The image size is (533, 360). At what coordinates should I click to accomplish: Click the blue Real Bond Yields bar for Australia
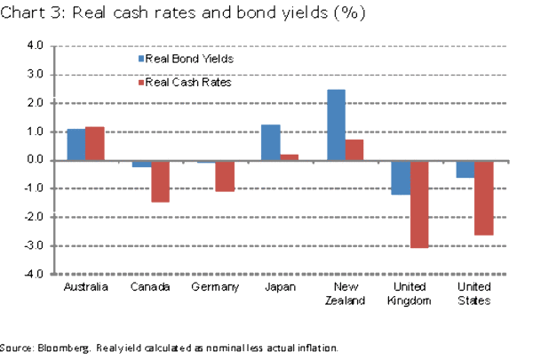pos(76,145)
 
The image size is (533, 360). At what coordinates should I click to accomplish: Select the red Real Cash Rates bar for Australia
pos(95,144)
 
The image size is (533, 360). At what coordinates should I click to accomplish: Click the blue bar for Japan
pos(271,143)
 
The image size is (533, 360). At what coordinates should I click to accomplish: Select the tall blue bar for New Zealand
pos(336,125)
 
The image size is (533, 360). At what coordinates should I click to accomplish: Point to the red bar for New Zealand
pos(354,150)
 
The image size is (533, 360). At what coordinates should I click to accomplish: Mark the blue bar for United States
pos(465,169)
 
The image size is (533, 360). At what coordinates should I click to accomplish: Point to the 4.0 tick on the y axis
pos(33,45)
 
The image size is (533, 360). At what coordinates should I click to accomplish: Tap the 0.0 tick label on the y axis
pos(33,160)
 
